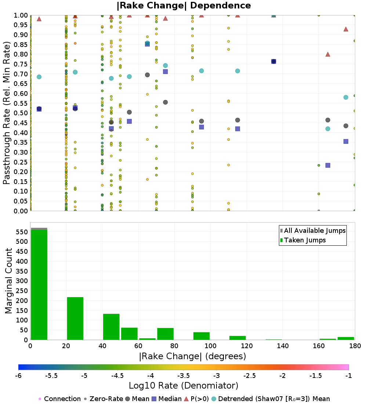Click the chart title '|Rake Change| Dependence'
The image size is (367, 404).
[184, 6]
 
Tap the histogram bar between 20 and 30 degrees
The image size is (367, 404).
[75, 318]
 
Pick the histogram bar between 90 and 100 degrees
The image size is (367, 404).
[201, 336]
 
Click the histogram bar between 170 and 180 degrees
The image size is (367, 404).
[346, 338]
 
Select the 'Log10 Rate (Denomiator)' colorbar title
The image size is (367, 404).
[183, 385]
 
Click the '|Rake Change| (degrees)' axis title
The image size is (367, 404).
[192, 356]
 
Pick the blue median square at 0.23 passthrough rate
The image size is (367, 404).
[328, 165]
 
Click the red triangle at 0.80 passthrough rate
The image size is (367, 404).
[328, 54]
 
